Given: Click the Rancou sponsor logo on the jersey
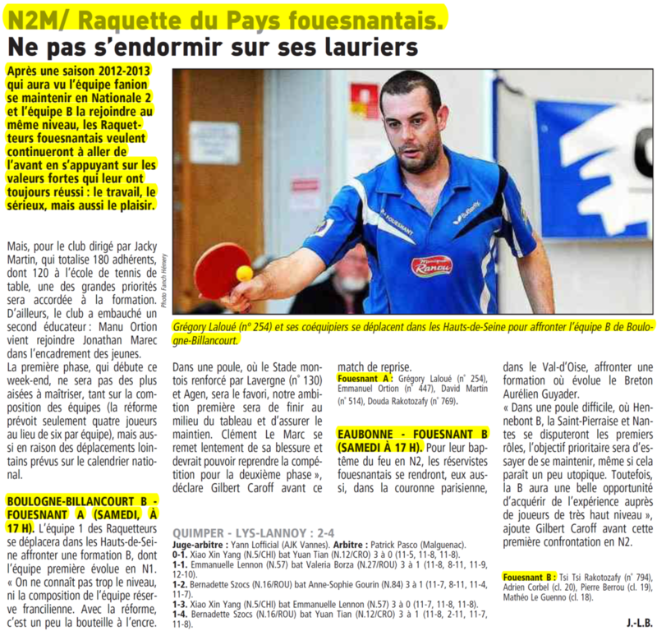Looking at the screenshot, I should point(432,265).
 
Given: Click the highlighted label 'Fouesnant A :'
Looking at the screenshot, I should point(367,379).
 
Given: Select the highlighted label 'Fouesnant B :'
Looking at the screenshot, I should point(527,576).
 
